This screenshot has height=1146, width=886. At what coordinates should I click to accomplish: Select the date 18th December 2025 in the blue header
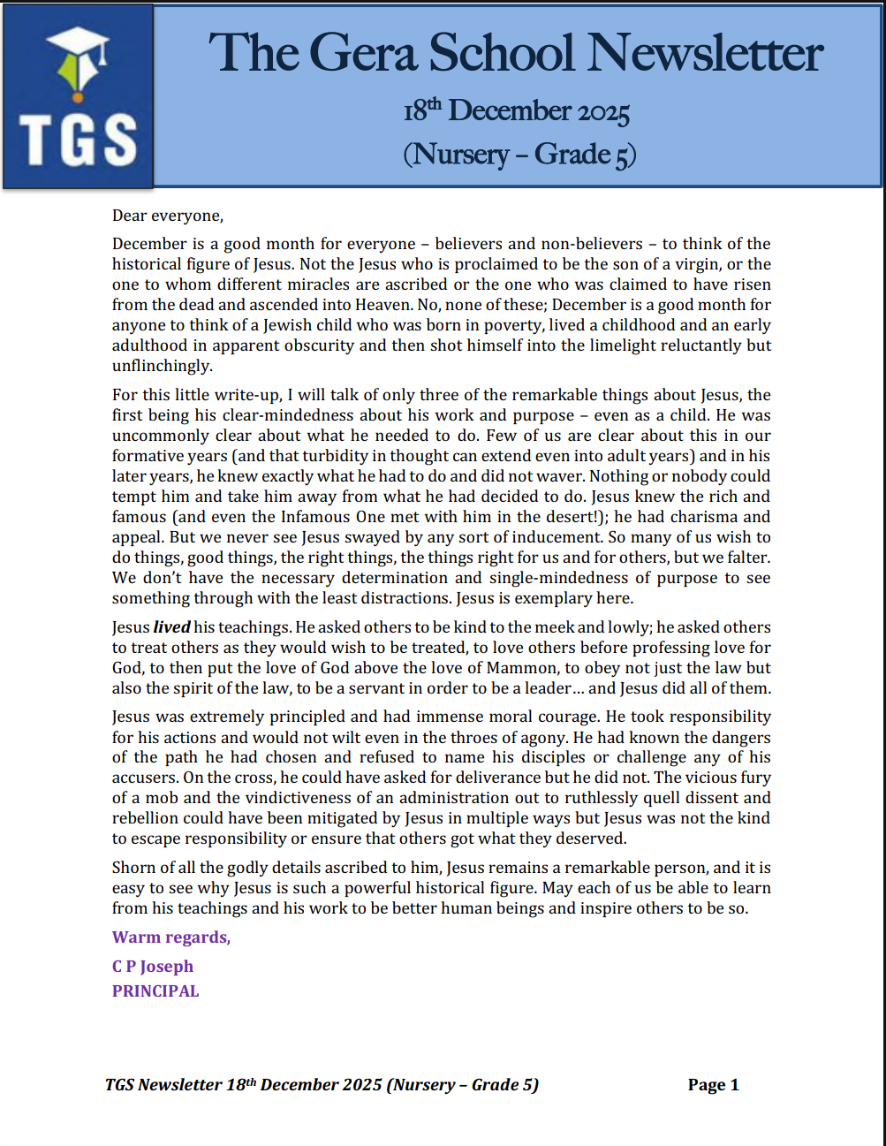point(517,111)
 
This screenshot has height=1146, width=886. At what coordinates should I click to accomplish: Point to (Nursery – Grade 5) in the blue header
point(519,155)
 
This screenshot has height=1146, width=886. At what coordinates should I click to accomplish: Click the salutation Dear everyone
point(168,216)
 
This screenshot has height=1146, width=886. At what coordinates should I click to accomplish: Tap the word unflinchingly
point(162,366)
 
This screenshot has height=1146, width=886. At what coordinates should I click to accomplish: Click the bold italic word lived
point(171,627)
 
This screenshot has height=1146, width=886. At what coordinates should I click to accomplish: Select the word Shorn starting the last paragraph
point(133,868)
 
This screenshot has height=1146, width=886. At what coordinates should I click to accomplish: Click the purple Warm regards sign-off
point(170,937)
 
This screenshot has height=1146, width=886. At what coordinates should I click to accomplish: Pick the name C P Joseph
point(152,967)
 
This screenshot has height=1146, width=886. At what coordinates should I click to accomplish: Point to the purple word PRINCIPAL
point(155,991)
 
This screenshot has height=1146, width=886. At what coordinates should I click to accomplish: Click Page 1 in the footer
point(713,1085)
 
